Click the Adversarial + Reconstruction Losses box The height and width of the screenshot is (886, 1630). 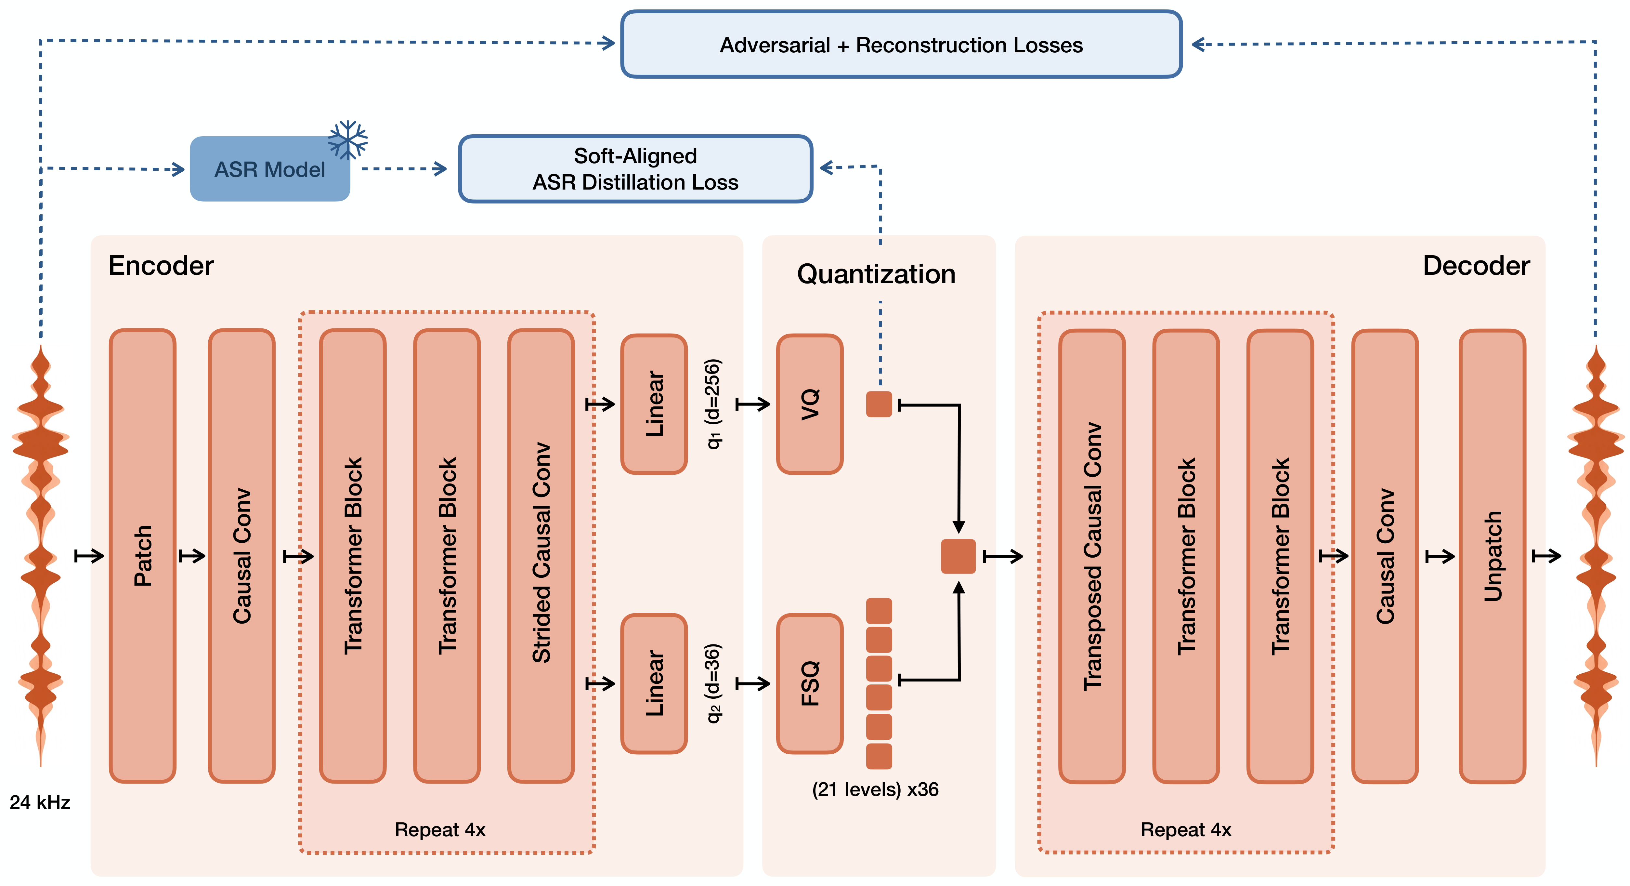tap(901, 44)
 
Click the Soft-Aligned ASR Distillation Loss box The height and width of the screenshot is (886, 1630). tap(635, 169)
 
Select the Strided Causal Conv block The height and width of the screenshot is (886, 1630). tap(541, 556)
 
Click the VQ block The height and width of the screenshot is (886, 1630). tap(810, 404)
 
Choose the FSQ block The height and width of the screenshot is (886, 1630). tap(810, 683)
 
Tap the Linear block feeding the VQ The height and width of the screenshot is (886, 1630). tap(654, 404)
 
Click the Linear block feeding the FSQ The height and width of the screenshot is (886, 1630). tap(654, 683)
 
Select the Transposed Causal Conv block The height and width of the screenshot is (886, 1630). tap(1092, 556)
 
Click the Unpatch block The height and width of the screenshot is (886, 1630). tap(1493, 556)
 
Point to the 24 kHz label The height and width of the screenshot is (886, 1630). tap(40, 802)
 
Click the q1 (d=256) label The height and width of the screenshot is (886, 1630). tap(713, 404)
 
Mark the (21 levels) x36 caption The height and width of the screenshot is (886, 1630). tap(875, 789)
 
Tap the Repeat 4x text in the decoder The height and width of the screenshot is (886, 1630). tap(1186, 830)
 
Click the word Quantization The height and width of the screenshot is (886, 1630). tap(876, 274)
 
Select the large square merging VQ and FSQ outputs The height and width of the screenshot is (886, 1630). tap(958, 556)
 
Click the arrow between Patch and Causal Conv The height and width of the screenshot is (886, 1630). tap(192, 556)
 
